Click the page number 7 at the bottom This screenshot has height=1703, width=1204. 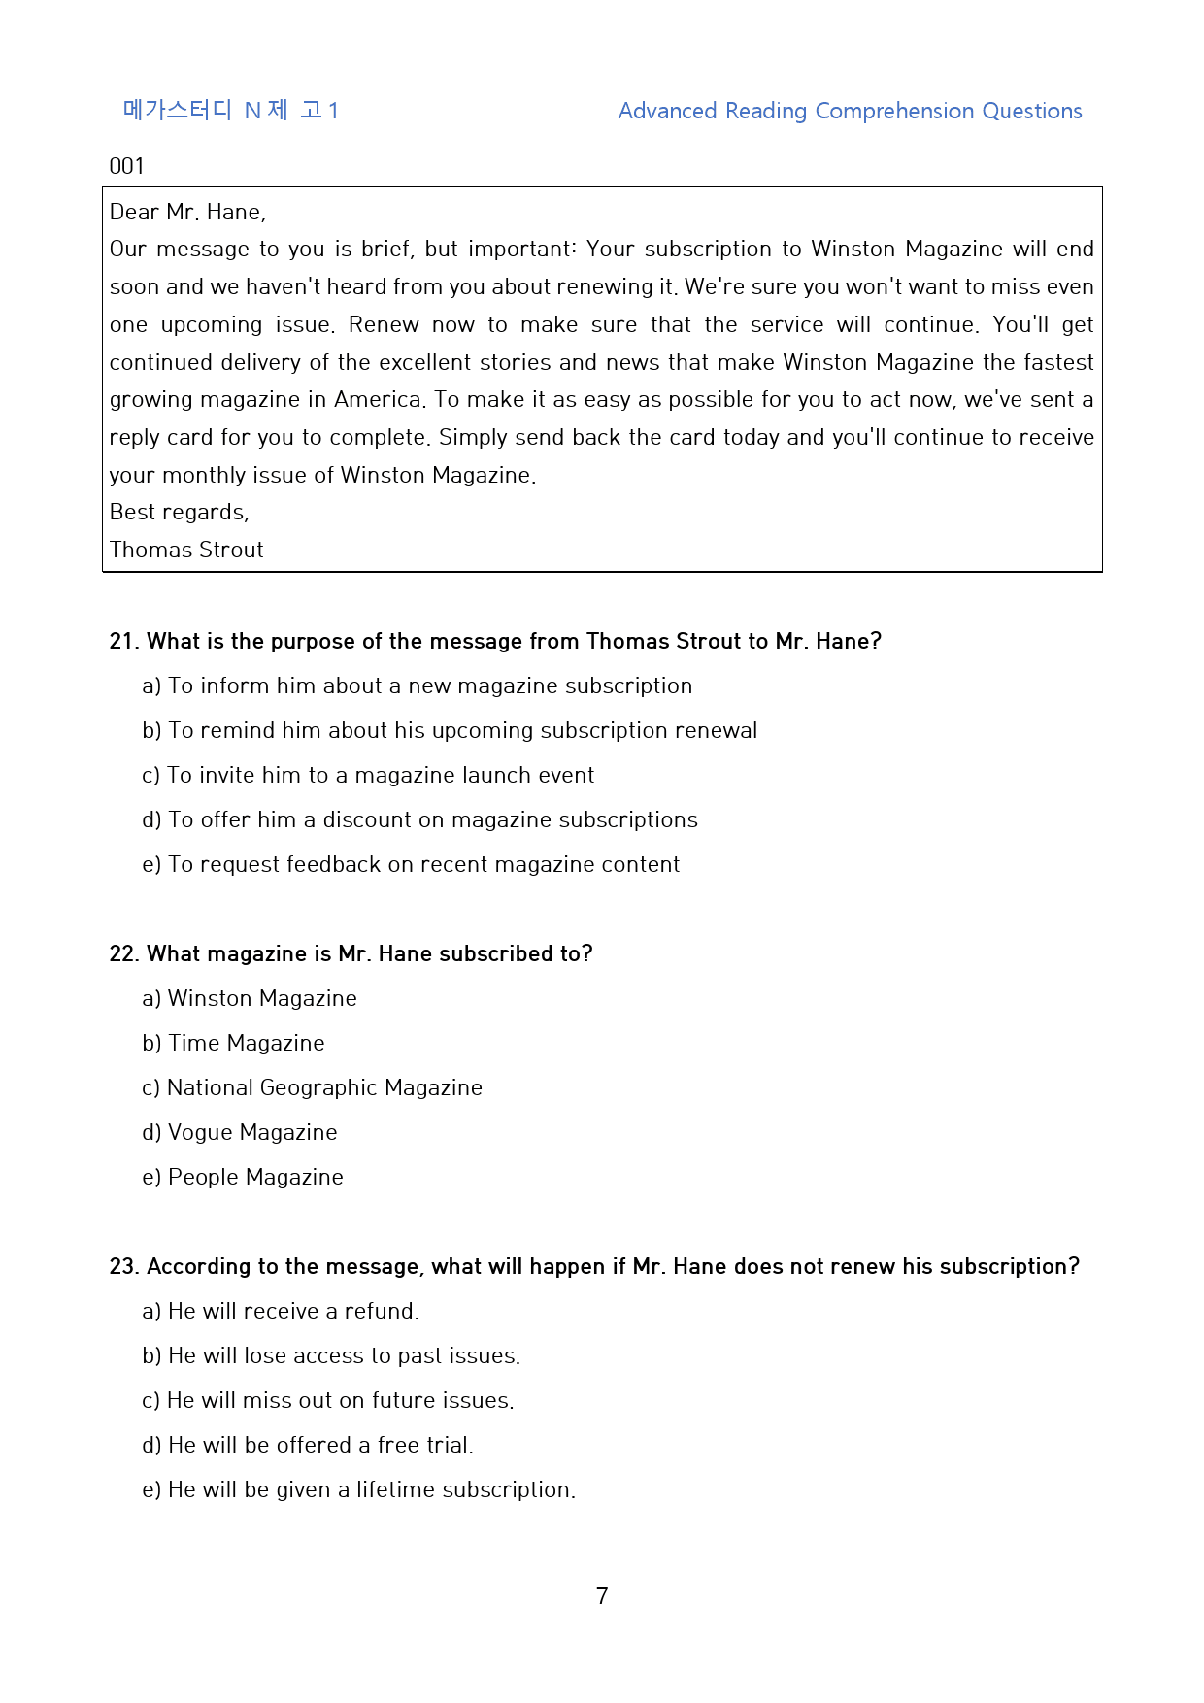click(602, 1595)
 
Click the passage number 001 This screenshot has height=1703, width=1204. click(126, 166)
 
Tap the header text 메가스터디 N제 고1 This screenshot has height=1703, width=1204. click(230, 111)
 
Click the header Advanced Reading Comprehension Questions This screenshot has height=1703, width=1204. click(850, 111)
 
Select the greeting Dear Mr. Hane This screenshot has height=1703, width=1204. click(187, 212)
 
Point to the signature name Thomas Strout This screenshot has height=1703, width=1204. click(186, 550)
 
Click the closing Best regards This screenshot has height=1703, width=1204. click(180, 512)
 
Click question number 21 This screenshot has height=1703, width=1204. click(123, 641)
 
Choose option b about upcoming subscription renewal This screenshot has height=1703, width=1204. click(450, 730)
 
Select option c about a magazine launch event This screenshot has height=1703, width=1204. click(368, 775)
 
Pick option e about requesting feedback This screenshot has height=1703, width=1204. click(411, 864)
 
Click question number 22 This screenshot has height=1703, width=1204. click(123, 953)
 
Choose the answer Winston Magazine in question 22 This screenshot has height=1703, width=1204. click(250, 998)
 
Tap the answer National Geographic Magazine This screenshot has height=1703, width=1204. click(312, 1087)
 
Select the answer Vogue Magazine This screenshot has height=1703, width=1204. click(240, 1132)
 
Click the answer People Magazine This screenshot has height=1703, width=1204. click(243, 1177)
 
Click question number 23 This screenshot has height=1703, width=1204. click(123, 1266)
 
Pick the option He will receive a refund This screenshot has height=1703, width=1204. click(281, 1311)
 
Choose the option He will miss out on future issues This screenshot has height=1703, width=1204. click(328, 1400)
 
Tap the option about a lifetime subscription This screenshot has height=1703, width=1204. click(358, 1489)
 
